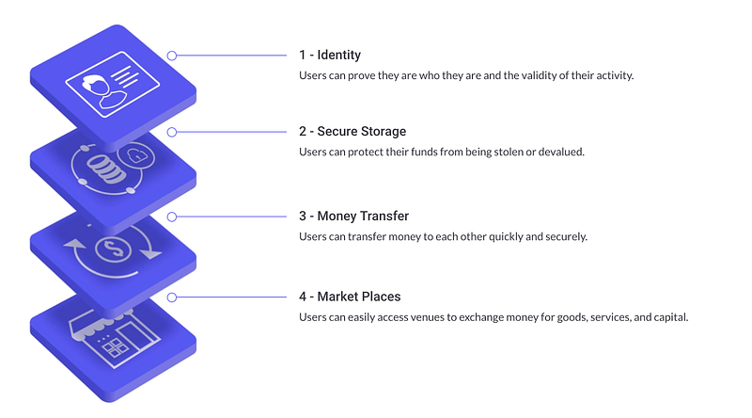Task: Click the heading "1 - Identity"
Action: (330, 55)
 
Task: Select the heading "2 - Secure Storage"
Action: (352, 131)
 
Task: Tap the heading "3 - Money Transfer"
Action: (354, 216)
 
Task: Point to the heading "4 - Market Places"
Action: (350, 297)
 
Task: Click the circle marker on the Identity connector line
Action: (172, 56)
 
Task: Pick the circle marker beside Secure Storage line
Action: (172, 132)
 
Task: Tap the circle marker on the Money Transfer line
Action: (172, 217)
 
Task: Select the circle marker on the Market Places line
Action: (172, 297)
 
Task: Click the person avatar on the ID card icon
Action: (103, 91)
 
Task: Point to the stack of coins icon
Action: (105, 169)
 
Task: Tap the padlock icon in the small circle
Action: (136, 155)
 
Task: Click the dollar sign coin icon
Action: (113, 249)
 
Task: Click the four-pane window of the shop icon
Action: (113, 347)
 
